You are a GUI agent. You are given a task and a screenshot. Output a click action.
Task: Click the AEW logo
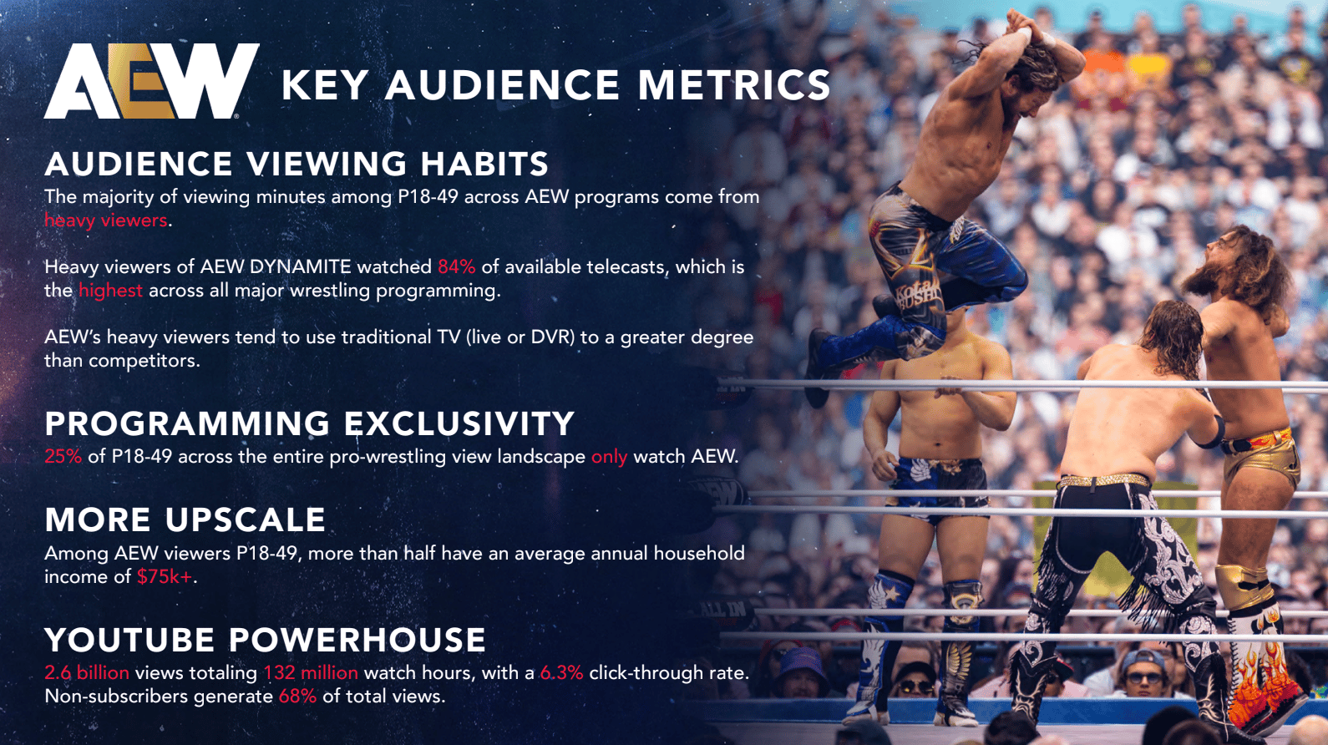point(152,81)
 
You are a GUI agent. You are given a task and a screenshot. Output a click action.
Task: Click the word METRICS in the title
point(734,84)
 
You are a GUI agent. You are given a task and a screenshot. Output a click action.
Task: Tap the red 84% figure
point(457,266)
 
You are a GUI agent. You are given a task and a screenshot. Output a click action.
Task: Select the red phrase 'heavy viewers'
point(105,220)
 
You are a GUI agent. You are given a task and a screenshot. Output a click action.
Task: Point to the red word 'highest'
point(110,291)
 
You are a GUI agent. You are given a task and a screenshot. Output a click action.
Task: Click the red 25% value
point(63,456)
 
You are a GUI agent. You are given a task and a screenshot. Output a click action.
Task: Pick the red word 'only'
point(609,457)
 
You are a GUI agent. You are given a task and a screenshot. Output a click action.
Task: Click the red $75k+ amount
point(165,576)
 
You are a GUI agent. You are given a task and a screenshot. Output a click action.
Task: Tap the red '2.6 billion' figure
point(87,672)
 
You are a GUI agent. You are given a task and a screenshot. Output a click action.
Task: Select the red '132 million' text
point(311,672)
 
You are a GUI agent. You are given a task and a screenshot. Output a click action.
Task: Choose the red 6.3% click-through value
point(561,672)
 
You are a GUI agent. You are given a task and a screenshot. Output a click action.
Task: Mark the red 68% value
point(297,696)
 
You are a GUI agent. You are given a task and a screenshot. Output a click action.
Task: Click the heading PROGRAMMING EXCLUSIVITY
point(310,423)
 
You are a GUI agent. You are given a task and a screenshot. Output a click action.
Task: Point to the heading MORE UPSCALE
point(185,519)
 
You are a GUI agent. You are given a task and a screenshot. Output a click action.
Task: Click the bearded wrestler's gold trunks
point(1260,459)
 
